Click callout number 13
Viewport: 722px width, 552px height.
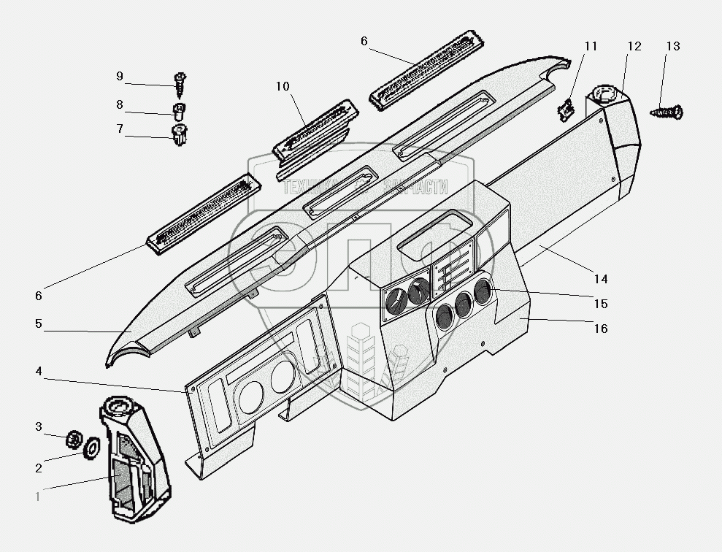coord(672,47)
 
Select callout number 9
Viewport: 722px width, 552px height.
coord(120,75)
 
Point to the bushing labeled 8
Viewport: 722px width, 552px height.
coord(179,111)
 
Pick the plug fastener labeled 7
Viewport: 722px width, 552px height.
coord(179,135)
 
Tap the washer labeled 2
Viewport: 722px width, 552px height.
coord(93,448)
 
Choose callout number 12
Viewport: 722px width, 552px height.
coord(634,47)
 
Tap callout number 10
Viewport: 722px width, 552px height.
coord(283,87)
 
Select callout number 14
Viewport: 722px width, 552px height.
coord(600,279)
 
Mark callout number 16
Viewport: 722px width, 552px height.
coord(600,329)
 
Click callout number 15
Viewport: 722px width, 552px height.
coord(600,304)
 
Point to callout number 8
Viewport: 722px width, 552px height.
coord(120,104)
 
